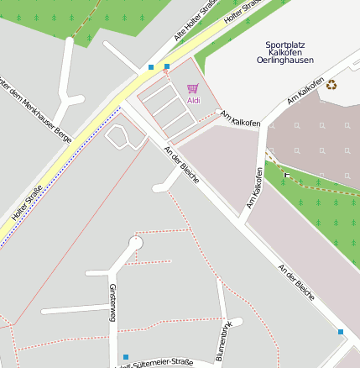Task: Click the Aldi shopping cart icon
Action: [193, 87]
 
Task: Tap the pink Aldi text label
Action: [194, 101]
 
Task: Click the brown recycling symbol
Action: [331, 84]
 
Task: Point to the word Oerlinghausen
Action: [289, 60]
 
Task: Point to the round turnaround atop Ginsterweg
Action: [135, 243]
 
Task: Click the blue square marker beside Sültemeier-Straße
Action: [126, 357]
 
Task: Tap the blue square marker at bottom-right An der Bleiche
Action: [341, 332]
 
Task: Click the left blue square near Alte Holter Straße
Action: [151, 66]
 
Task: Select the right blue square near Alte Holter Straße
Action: [167, 66]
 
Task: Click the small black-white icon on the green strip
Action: [287, 176]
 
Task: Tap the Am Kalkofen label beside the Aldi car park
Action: [241, 118]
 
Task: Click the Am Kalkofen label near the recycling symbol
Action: [305, 92]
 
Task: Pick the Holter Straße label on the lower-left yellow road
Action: [27, 205]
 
